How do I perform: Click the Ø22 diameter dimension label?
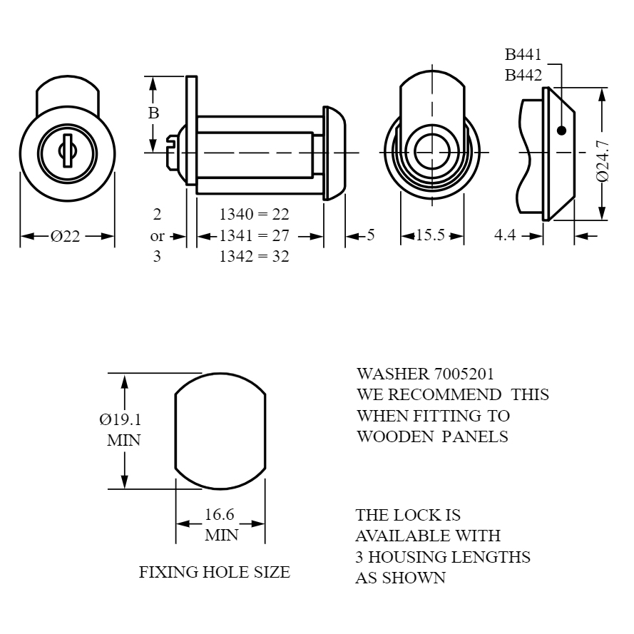click(x=65, y=236)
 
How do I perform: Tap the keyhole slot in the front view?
click(x=67, y=150)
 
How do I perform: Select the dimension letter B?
click(x=153, y=113)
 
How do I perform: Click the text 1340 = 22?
click(x=255, y=214)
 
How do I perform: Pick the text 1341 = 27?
click(x=255, y=235)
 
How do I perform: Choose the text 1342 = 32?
click(x=255, y=256)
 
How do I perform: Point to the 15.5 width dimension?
click(x=430, y=235)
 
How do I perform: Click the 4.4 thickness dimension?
click(x=505, y=235)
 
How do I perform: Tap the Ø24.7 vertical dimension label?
click(x=603, y=161)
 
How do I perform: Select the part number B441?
click(x=523, y=54)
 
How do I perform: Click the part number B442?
click(x=523, y=75)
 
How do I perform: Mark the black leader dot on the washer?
click(x=561, y=131)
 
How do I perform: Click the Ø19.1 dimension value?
click(x=121, y=420)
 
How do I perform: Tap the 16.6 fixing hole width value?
click(x=220, y=515)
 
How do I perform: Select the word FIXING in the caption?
click(x=169, y=572)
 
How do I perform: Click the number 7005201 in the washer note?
click(x=464, y=374)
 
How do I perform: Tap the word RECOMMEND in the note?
click(x=445, y=394)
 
